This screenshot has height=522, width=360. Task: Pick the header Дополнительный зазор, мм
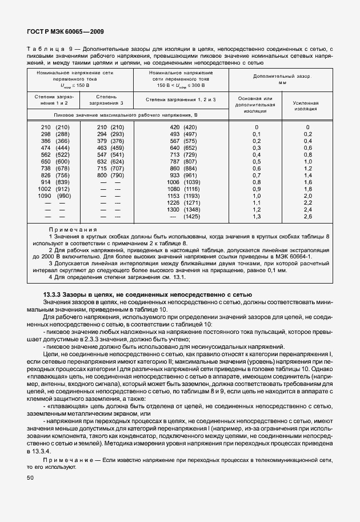[x=282, y=79]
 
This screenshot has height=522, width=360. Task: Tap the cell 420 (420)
[x=183, y=127]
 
